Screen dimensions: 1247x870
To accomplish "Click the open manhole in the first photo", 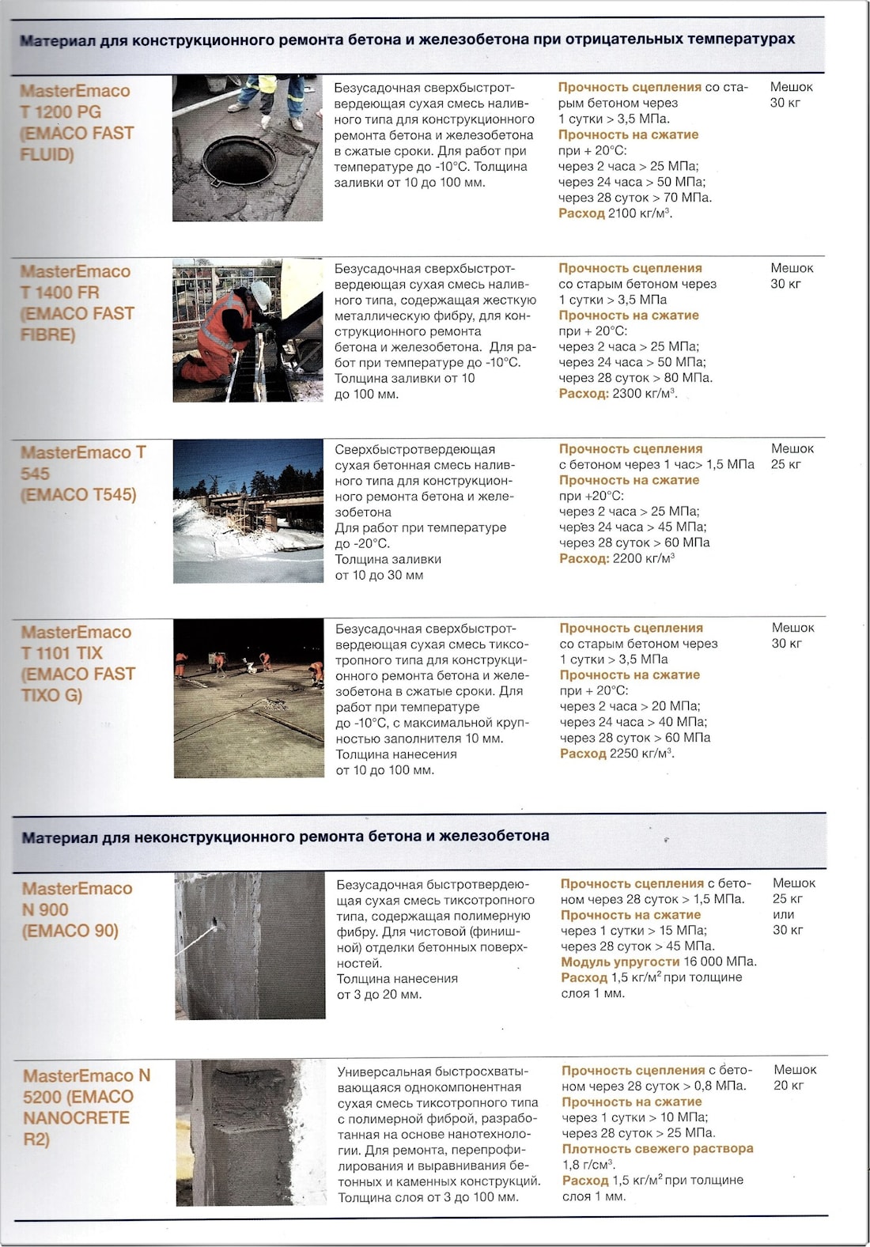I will pos(239,160).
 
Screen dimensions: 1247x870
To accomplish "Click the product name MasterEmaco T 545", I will pos(82,463).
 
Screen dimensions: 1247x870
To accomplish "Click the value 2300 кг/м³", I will pos(644,394).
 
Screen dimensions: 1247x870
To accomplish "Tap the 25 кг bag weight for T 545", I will pos(786,464).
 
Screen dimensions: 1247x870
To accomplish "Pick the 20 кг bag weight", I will pos(789,1086).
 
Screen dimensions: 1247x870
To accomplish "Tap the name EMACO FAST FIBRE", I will pos(77,324).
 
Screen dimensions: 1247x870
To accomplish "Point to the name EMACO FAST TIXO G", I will pos(78,685).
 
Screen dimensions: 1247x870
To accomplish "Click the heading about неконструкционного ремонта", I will pos(285,837).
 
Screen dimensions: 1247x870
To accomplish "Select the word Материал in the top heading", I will pos(58,40).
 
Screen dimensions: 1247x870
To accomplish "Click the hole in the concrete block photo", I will pos(215,923).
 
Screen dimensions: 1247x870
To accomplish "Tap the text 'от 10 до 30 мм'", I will pos(379,576).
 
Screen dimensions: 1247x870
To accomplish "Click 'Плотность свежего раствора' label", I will pos(657,1149).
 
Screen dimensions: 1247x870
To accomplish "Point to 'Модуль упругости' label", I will pos(620,962).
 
